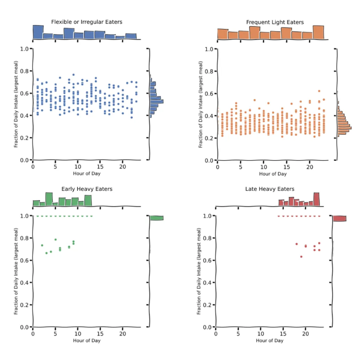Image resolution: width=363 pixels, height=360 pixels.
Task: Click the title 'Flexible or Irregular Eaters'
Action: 87,22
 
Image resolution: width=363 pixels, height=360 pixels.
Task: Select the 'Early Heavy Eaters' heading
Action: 87,189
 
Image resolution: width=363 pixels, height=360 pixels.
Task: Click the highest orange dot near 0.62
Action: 319,91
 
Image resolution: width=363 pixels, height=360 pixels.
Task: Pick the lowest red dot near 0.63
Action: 301,257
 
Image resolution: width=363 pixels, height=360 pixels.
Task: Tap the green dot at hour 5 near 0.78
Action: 56,239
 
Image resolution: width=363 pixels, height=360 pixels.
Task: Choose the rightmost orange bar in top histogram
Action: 318,32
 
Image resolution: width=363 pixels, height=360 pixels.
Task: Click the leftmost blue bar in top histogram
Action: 38,32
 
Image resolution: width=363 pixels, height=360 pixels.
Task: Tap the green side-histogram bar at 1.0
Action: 156,218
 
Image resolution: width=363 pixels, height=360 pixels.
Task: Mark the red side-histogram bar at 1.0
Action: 339,219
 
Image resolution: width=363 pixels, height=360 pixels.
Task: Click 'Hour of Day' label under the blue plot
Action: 87,173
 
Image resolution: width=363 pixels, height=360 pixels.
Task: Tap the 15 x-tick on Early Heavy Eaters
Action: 100,334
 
